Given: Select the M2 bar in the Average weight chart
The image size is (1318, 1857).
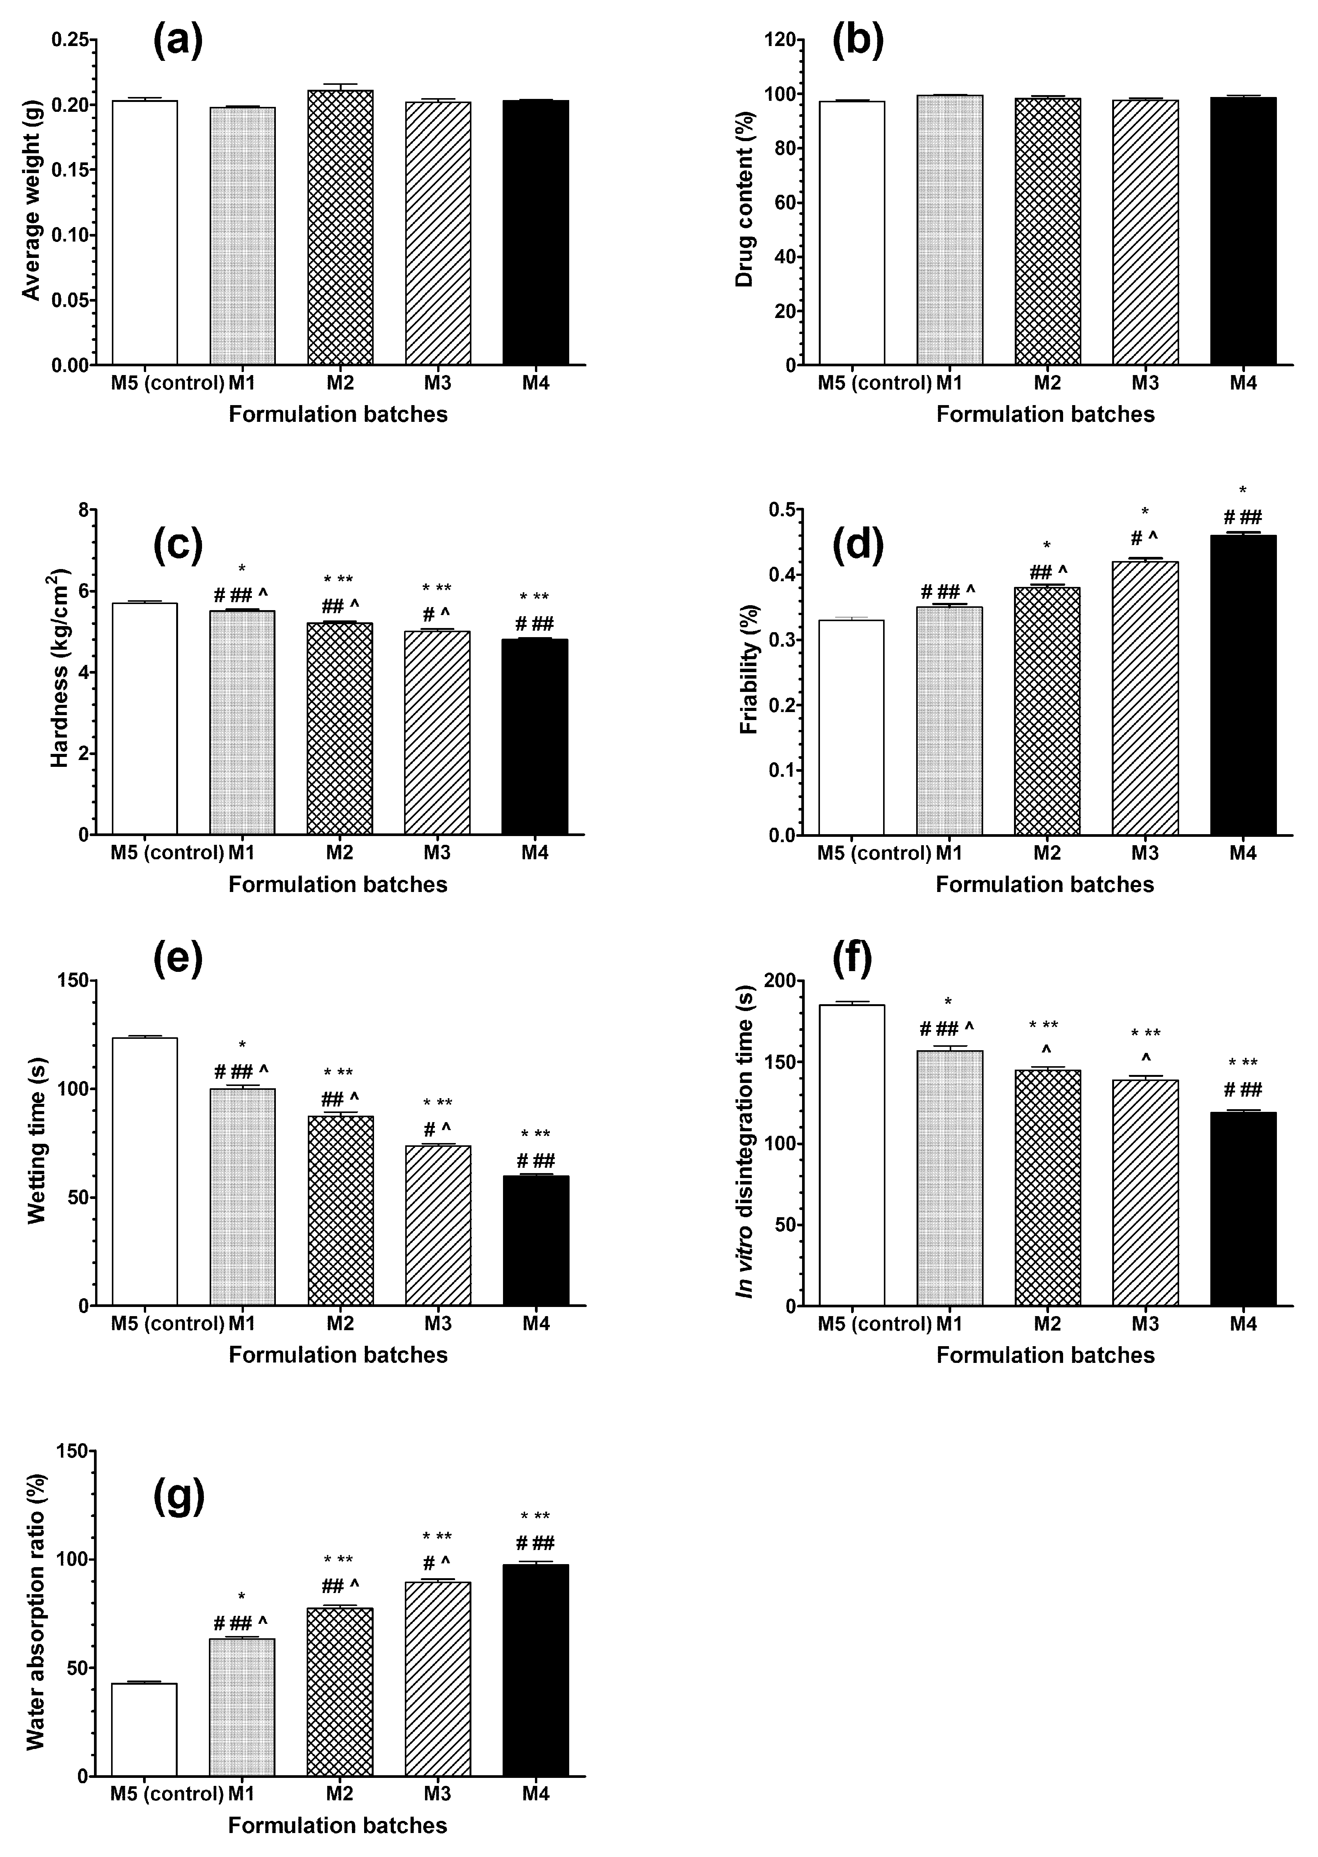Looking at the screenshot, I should point(340,227).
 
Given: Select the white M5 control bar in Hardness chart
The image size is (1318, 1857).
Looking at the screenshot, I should point(145,718).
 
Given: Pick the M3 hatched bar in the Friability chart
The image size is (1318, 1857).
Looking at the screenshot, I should point(1145,698).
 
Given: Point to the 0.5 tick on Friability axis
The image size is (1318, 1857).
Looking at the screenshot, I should point(782,509).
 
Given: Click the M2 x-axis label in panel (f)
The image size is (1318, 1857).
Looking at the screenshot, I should point(1047,1323).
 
